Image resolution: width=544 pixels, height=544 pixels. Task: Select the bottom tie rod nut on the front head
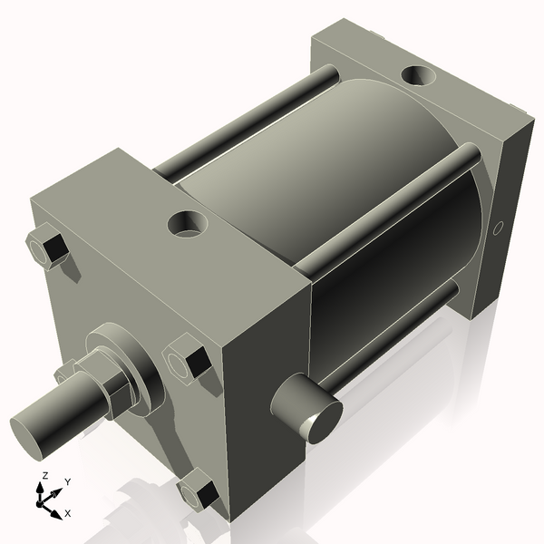tap(199, 493)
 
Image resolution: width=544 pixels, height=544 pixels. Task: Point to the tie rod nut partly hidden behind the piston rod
tap(65, 372)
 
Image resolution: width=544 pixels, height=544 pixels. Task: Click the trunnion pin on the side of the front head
tap(308, 411)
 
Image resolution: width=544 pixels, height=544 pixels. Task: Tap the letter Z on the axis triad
tap(44, 476)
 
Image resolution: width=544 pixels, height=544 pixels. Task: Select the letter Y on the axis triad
tap(67, 482)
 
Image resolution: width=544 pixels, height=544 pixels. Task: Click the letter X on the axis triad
tap(68, 513)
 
